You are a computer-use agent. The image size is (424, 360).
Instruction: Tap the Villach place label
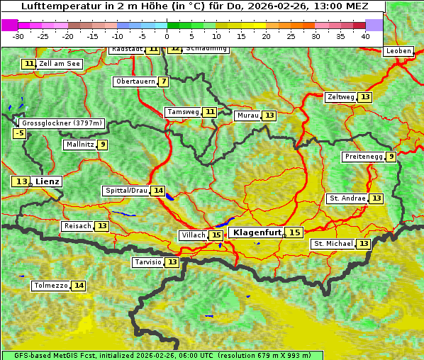click(194, 235)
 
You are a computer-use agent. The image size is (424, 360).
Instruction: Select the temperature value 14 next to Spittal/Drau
click(158, 191)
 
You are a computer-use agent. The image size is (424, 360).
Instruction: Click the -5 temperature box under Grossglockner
click(20, 133)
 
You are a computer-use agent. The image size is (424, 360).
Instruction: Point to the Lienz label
click(48, 181)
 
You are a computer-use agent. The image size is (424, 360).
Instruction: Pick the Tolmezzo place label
click(50, 286)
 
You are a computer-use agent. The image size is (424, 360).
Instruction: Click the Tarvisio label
click(148, 262)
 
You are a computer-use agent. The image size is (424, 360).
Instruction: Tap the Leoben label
click(398, 51)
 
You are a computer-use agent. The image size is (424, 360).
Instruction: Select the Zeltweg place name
click(340, 97)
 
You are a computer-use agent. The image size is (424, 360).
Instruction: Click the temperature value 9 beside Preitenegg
click(391, 157)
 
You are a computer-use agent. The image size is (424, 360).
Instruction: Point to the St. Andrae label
click(347, 198)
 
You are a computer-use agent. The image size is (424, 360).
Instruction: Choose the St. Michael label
click(333, 244)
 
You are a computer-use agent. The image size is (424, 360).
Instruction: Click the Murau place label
click(247, 116)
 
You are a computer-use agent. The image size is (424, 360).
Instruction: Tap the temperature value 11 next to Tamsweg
click(210, 112)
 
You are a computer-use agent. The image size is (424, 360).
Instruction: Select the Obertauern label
click(135, 81)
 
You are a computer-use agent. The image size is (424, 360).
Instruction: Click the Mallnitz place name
click(79, 145)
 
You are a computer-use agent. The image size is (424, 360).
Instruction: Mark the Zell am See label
click(60, 64)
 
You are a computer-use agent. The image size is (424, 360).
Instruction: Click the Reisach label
click(77, 226)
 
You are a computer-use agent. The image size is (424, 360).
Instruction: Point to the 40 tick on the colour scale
click(365, 36)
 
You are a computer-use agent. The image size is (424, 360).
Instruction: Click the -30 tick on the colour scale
click(18, 36)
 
